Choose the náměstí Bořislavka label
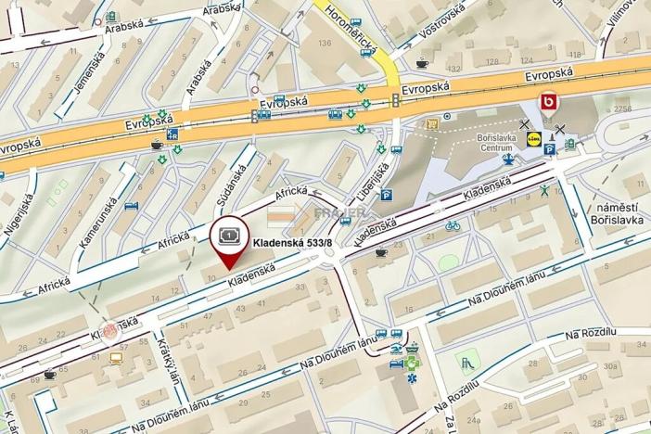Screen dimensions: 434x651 click(615, 214)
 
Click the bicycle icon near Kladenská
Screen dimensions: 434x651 click(453, 225)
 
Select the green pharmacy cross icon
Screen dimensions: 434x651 click(414, 350)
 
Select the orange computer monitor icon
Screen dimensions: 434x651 click(116, 357)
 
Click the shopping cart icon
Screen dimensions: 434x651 click(430, 123)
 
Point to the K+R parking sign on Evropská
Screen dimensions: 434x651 click(172, 133)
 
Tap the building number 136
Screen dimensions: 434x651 click(324, 43)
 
